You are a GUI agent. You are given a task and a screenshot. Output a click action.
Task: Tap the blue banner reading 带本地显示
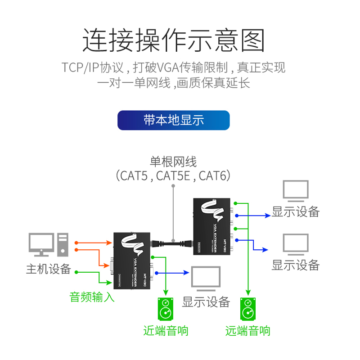pyautogui.click(x=174, y=120)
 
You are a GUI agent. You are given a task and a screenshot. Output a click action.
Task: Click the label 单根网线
pyautogui.click(x=173, y=161)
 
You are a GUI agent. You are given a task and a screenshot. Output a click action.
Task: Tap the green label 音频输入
pyautogui.click(x=92, y=297)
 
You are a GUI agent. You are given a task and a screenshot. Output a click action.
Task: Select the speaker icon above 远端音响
pyautogui.click(x=247, y=310)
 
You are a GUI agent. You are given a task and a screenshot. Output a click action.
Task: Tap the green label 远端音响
pyautogui.click(x=247, y=331)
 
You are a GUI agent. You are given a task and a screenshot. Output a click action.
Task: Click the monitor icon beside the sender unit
pyautogui.click(x=206, y=279)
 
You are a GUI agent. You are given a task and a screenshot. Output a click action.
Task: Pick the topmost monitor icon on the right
pyautogui.click(x=296, y=191)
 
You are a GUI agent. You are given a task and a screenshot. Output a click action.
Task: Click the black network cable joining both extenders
pyautogui.click(x=173, y=243)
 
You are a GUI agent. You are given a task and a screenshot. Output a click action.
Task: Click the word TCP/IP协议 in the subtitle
pyautogui.click(x=92, y=67)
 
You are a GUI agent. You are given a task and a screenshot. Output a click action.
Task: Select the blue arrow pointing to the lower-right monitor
pyautogui.click(x=261, y=248)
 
